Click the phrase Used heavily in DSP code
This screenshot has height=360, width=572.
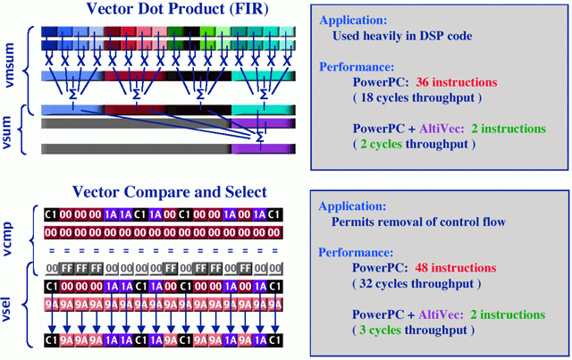click(x=400, y=37)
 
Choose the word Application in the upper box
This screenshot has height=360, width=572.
click(x=354, y=18)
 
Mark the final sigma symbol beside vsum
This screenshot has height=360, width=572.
click(x=259, y=138)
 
